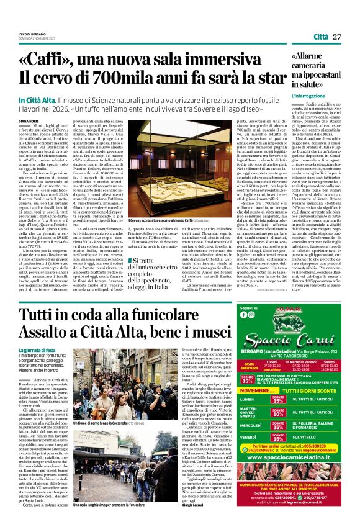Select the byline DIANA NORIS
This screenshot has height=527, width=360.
pyautogui.click(x=28, y=121)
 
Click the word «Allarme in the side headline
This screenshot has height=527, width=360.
pyautogui.click(x=309, y=56)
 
